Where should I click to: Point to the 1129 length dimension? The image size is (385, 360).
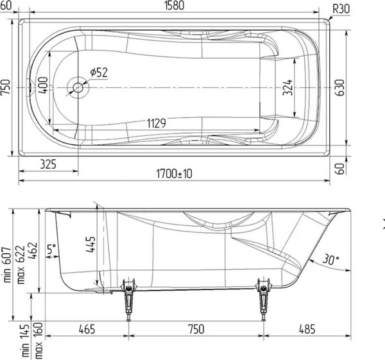(x=160, y=124)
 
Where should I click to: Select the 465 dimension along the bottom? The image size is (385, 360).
(x=87, y=329)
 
